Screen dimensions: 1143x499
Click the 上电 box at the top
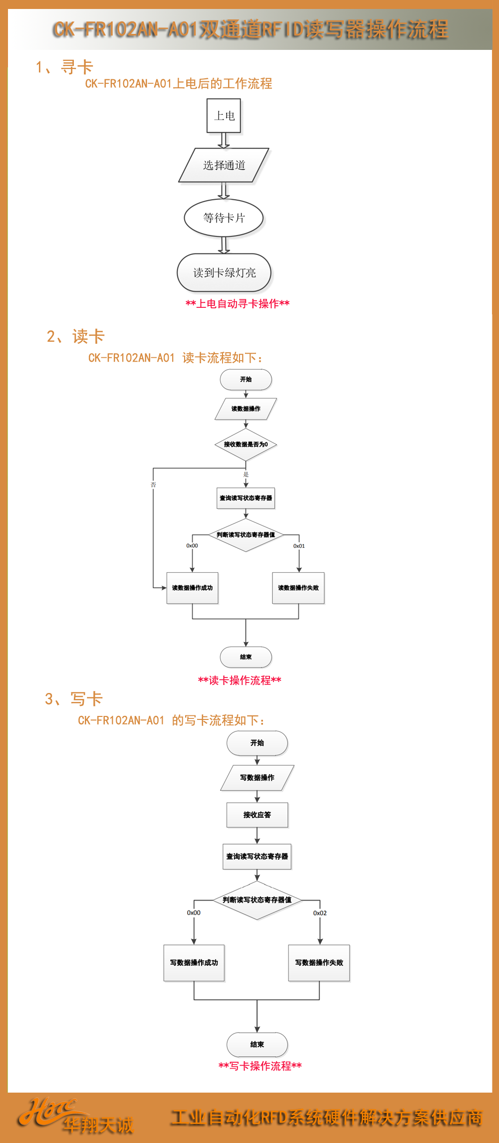click(224, 116)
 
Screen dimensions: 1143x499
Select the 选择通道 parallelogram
click(224, 165)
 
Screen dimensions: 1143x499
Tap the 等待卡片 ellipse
click(224, 218)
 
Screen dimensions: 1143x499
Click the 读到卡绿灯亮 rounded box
click(224, 273)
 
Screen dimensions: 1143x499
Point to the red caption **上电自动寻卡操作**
click(238, 303)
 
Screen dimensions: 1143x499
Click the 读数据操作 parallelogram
click(246, 409)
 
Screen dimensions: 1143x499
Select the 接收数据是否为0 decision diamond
click(246, 445)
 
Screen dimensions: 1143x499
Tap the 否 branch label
click(153, 484)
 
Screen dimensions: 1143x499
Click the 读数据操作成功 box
click(192, 588)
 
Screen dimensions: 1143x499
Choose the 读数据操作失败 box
click(298, 588)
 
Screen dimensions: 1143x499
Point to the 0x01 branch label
click(299, 546)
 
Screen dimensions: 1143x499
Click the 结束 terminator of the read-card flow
click(246, 657)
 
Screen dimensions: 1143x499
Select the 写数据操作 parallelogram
click(257, 778)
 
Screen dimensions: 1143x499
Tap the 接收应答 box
click(257, 815)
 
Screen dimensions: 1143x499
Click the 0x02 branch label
click(320, 913)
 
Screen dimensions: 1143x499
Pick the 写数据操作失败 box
click(319, 963)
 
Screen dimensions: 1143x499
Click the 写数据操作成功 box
click(194, 963)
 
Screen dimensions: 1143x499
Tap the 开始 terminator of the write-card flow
click(257, 743)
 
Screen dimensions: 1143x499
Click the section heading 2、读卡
click(75, 336)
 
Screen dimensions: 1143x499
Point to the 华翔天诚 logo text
click(98, 1125)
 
